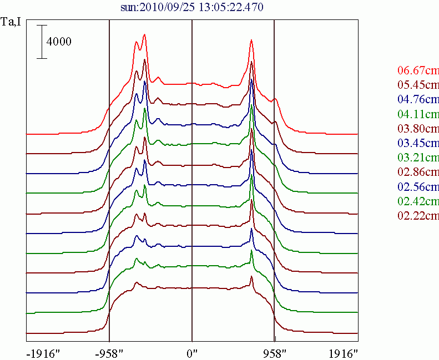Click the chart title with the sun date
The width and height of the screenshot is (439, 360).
[191, 7]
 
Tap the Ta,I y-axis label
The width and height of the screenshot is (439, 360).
[11, 23]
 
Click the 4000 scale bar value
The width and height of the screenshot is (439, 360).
[59, 42]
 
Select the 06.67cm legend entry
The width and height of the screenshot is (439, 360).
[418, 71]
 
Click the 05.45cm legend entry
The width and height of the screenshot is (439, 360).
[418, 85]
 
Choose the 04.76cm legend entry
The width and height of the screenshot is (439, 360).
[418, 100]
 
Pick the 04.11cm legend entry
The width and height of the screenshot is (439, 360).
[418, 114]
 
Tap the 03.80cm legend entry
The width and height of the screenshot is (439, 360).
[418, 129]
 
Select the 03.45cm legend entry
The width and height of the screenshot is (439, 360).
[418, 143]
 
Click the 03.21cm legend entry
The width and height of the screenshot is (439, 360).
[418, 158]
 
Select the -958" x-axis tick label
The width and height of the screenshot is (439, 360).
[109, 353]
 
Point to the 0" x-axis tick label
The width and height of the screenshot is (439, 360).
[192, 353]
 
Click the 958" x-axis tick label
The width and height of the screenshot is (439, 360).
[275, 353]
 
